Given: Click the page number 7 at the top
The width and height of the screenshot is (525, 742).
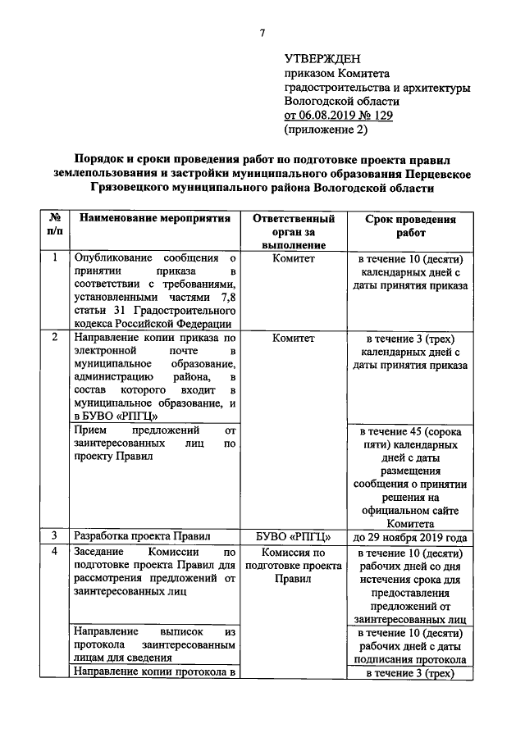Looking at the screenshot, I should click(262, 33).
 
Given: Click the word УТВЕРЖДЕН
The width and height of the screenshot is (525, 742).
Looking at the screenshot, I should click(322, 59).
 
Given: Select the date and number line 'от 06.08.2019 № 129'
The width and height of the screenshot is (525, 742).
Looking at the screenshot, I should click(338, 116).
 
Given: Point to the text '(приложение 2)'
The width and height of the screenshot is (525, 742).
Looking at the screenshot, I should click(326, 130).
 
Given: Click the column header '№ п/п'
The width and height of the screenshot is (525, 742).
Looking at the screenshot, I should click(54, 225).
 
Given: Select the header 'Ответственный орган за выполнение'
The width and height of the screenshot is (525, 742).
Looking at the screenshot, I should click(294, 232).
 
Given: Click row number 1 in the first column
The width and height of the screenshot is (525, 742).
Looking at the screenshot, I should click(54, 258).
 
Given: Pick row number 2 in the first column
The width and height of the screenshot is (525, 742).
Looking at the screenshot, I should click(54, 338).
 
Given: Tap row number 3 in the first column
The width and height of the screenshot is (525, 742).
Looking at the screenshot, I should click(54, 536).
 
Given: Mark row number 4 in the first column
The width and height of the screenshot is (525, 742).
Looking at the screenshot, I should click(54, 552).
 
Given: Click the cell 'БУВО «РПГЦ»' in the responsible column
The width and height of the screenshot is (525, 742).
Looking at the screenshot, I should click(294, 537).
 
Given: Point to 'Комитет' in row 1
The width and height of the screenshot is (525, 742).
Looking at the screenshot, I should click(294, 259).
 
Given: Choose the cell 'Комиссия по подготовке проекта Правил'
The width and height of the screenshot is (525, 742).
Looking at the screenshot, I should click(294, 566).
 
